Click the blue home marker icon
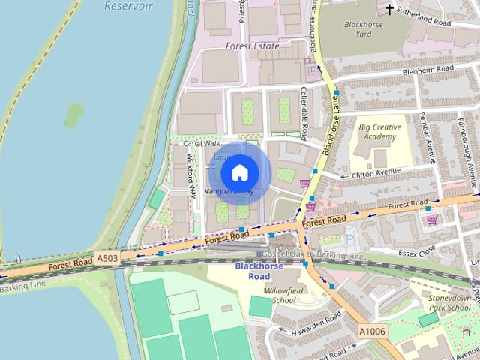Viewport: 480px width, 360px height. [x=239, y=172]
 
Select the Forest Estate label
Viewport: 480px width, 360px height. [x=252, y=46]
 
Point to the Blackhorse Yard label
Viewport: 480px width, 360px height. [x=363, y=28]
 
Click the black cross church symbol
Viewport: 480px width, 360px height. [x=389, y=9]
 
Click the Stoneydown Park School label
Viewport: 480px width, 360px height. [x=448, y=302]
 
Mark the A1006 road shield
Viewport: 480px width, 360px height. [x=372, y=331]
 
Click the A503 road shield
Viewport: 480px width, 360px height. [x=106, y=257]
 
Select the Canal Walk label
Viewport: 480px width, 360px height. [x=201, y=142]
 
